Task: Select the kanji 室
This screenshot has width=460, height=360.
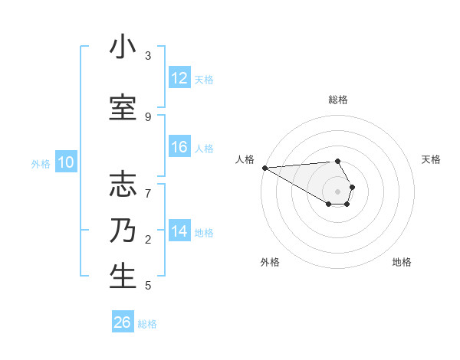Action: coord(123,108)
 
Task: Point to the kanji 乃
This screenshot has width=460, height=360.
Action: coord(123,231)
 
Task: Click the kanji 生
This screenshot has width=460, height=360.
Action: coord(123,277)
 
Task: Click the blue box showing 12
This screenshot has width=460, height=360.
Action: coord(179,78)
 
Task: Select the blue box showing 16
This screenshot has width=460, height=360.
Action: coord(179,148)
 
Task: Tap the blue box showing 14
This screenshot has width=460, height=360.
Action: coord(179,232)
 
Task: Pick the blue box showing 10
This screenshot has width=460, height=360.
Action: coord(66,162)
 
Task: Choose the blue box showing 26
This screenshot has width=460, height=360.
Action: coord(123,322)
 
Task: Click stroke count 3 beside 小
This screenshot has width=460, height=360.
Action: coord(148,56)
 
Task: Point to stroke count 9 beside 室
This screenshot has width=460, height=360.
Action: coord(148,116)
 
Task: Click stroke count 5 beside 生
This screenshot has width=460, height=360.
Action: coord(148,286)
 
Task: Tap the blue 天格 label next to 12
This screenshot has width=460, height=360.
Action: coord(204,79)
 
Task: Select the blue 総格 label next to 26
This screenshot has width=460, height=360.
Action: coord(147,323)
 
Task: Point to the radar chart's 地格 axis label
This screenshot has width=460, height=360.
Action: coord(402,262)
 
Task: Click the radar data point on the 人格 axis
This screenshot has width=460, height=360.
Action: coord(264,168)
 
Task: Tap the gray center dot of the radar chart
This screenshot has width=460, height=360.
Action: coord(337,191)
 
